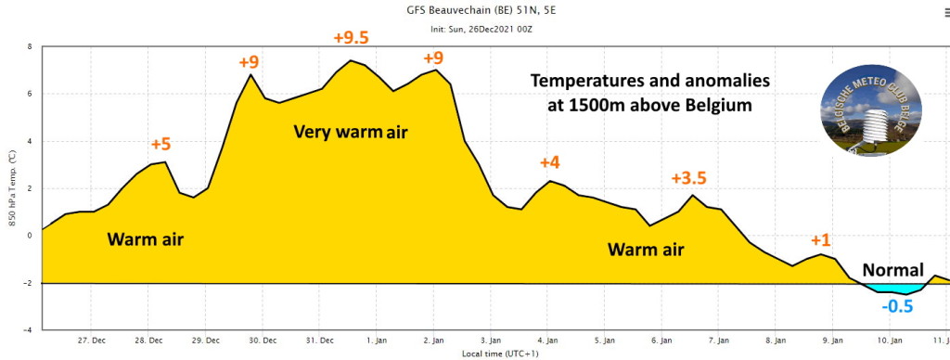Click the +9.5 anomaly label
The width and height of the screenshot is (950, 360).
pyautogui.click(x=351, y=37)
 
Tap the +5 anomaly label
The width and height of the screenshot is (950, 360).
pyautogui.click(x=160, y=144)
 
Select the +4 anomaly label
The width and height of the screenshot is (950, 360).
pyautogui.click(x=550, y=162)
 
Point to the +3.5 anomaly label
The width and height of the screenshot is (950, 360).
pyautogui.click(x=689, y=178)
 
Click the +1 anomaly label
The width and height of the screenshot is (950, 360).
pyautogui.click(x=821, y=240)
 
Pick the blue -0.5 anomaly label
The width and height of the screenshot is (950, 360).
pyautogui.click(x=897, y=306)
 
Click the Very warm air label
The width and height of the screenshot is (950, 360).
pyautogui.click(x=351, y=132)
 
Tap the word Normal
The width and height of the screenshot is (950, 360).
pyautogui.click(x=893, y=270)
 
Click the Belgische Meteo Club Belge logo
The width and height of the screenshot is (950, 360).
pyautogui.click(x=870, y=110)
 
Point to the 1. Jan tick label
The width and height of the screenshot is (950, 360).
pyautogui.click(x=377, y=340)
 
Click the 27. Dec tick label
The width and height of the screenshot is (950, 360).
pyautogui.click(x=91, y=340)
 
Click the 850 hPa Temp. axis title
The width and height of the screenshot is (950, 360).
pyautogui.click(x=13, y=188)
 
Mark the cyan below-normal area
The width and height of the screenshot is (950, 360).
pyautogui.click(x=893, y=289)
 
